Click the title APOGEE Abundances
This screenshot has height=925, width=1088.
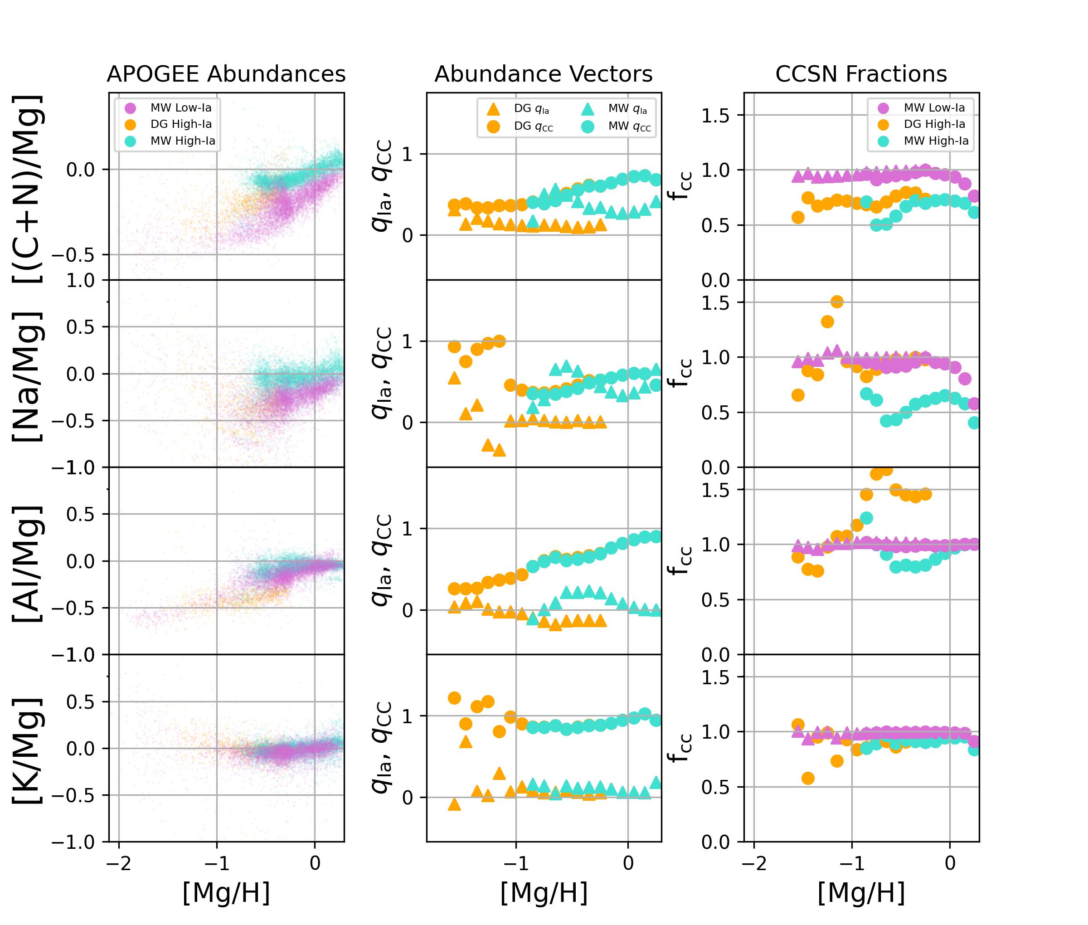tap(226, 74)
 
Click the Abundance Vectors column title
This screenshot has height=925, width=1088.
tap(543, 74)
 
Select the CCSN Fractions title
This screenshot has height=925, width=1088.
tap(861, 74)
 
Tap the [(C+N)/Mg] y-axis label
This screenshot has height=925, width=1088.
tap(27, 189)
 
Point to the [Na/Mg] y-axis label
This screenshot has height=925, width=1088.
tap(27, 376)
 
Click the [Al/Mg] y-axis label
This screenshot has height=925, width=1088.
tap(27, 564)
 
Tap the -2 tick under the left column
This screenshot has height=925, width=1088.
tap(119, 862)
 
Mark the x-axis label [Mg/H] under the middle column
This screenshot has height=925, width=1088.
tap(544, 893)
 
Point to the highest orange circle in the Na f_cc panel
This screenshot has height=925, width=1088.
tap(837, 302)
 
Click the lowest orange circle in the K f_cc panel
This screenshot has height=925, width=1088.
tap(808, 778)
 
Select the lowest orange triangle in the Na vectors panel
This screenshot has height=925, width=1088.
tap(499, 450)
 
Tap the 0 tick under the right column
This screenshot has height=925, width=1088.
tap(950, 862)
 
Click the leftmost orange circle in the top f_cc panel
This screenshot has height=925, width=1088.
tap(798, 217)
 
